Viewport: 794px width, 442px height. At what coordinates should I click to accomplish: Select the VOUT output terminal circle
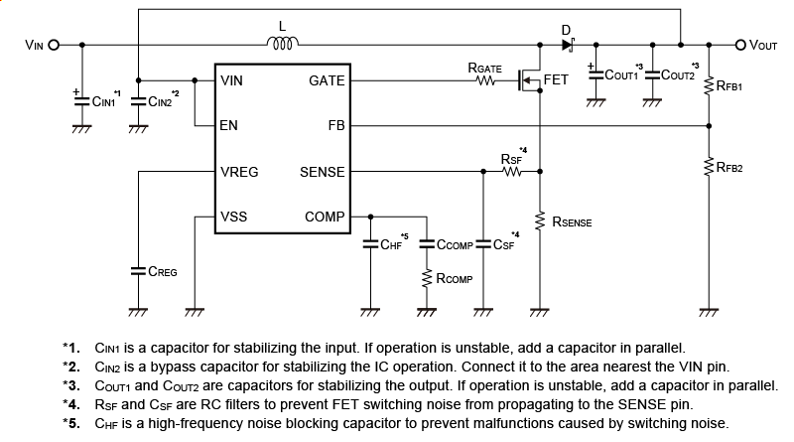[x=740, y=45]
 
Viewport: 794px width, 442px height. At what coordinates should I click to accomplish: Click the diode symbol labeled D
[x=568, y=45]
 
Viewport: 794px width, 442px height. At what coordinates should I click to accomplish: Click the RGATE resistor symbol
[x=485, y=81]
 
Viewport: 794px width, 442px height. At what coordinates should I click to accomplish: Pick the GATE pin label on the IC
[x=327, y=81]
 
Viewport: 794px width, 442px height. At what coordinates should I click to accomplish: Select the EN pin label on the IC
[x=229, y=126]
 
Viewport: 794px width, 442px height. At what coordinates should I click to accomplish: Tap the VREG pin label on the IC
[x=239, y=172]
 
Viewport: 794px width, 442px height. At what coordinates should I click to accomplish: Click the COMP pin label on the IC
[x=325, y=217]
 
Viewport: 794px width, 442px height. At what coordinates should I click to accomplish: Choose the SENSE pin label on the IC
[x=322, y=172]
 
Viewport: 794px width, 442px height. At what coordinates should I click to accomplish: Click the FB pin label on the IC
[x=335, y=126]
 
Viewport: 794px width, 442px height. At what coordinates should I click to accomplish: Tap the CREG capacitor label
[x=162, y=270]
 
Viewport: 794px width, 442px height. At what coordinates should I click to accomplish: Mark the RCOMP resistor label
[x=454, y=279]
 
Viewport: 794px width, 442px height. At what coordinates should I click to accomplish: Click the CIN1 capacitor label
[x=104, y=100]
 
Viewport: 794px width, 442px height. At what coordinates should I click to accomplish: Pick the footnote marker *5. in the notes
[x=70, y=423]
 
